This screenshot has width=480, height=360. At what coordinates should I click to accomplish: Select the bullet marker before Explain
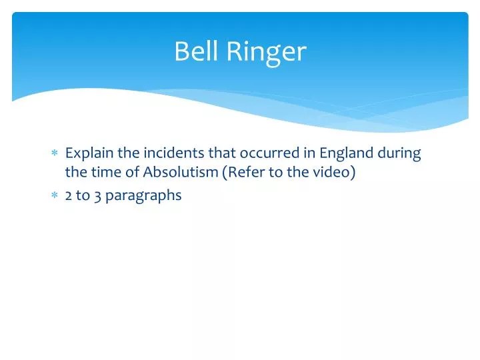[55, 153]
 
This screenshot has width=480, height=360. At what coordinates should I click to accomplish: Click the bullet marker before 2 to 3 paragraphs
[55, 196]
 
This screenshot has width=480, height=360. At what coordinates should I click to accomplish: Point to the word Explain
[90, 153]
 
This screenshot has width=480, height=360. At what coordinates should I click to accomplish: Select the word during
[399, 153]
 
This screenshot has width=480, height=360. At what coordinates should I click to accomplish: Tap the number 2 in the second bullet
[69, 196]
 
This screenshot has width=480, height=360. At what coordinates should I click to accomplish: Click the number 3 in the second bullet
[97, 196]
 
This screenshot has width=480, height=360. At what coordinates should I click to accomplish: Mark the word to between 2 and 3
[83, 196]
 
